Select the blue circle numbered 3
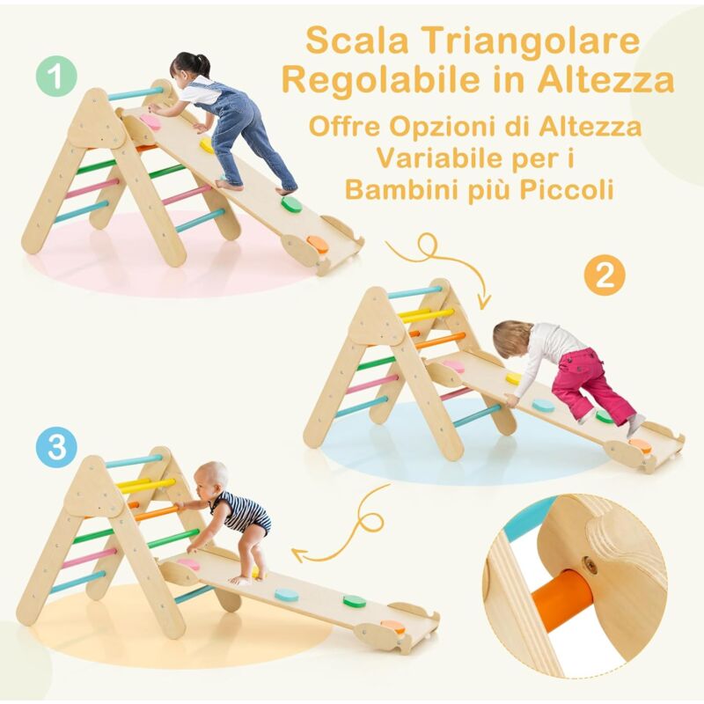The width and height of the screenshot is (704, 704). pyautogui.click(x=57, y=447)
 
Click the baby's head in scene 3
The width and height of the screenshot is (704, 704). pyautogui.click(x=214, y=479)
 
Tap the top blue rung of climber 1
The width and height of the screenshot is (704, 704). pyautogui.click(x=136, y=92)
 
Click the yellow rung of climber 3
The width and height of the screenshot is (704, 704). pyautogui.click(x=145, y=485)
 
